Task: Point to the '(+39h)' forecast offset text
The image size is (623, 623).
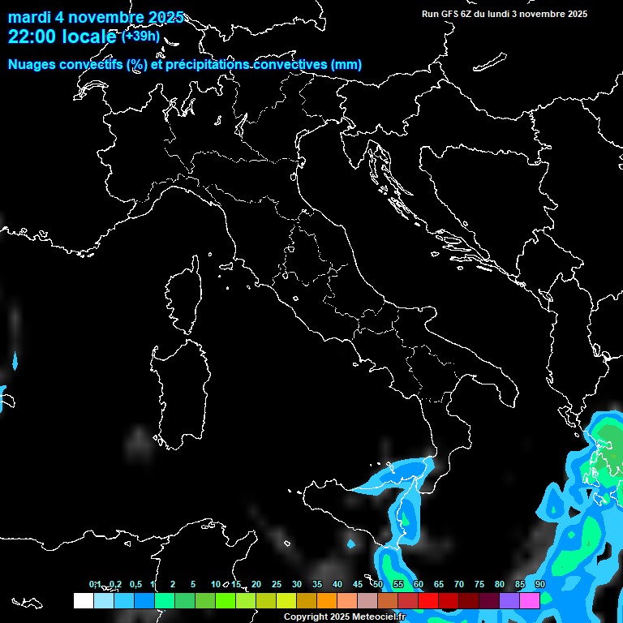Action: (x=140, y=37)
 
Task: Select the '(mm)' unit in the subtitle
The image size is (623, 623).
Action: (x=346, y=65)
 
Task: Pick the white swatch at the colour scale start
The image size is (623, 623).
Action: (x=83, y=600)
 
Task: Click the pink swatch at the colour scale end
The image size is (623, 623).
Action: (x=530, y=600)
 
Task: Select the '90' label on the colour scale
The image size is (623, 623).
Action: (x=539, y=585)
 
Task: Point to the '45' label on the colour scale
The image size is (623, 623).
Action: (x=358, y=585)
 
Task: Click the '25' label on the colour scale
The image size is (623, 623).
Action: (x=277, y=585)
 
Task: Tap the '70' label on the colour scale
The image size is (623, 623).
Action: (x=458, y=585)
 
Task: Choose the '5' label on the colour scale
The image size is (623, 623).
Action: (x=193, y=585)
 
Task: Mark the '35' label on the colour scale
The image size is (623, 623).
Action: (x=317, y=585)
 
